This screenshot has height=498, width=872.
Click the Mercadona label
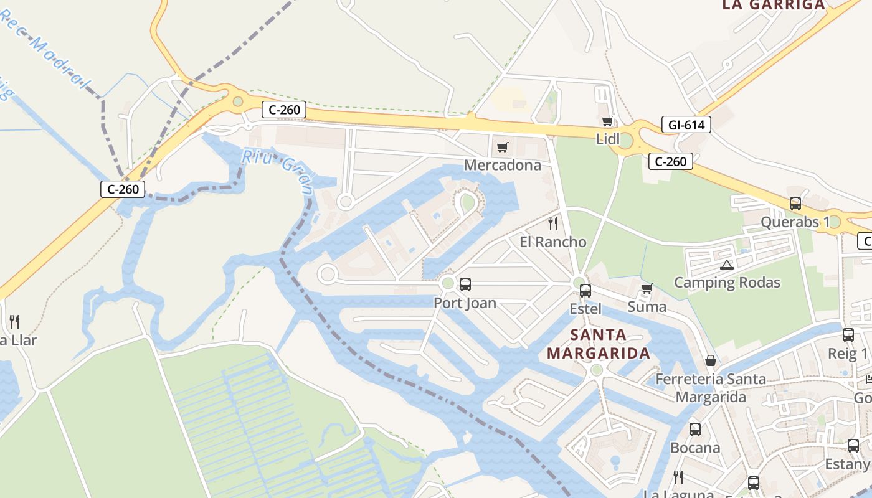pos(503,166)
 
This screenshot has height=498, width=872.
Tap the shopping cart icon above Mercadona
pos(503,148)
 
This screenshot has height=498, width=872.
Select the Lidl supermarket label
pos(608,139)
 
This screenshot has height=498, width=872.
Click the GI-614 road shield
pos(686,125)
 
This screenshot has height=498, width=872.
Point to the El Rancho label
pos(553,242)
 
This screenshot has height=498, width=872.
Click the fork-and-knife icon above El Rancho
pos(553,223)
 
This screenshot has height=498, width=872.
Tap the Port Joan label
pos(465,303)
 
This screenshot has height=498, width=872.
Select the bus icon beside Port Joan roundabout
pos(465,284)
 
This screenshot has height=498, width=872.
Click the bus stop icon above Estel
pos(585,290)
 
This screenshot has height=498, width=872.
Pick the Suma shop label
pos(647,307)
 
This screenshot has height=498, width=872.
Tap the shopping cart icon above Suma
pos(647,289)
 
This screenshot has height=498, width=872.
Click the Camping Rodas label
pos(727,283)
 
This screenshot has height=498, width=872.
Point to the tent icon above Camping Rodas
pos(727,265)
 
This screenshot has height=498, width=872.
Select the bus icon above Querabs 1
pos(795,204)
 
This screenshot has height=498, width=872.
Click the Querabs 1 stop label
pos(795,222)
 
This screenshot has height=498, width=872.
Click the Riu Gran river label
pos(277,170)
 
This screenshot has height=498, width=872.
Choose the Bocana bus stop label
pos(695,448)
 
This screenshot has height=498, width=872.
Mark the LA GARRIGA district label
pos(773,6)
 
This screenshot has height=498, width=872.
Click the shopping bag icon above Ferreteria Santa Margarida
pos(711,360)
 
